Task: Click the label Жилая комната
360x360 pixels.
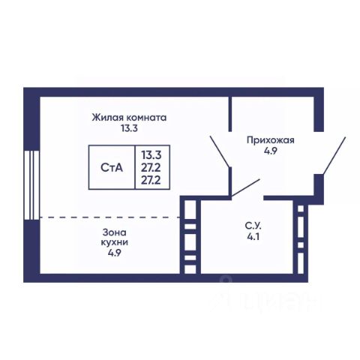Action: point(129,118)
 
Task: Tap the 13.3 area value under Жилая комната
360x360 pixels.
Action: point(129,128)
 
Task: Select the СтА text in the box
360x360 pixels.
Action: point(112,168)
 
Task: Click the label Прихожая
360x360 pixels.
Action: point(271,140)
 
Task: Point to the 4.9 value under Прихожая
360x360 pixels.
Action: point(271,151)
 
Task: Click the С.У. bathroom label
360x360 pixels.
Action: point(253,226)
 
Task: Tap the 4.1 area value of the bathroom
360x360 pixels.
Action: point(253,237)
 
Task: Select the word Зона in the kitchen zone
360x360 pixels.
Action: point(115,232)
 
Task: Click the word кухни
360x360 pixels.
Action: point(115,242)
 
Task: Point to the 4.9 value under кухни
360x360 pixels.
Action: point(115,253)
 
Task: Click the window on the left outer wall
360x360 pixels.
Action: point(32,185)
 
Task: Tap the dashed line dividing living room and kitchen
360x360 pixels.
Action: point(110,217)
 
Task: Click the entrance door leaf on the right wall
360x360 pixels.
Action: point(334,155)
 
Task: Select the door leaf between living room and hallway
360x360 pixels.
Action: point(220,151)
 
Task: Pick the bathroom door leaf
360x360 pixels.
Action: point(245,187)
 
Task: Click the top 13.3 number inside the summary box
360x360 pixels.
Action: point(151,155)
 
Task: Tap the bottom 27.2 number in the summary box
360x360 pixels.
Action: point(151,180)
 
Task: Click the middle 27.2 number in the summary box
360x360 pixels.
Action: point(151,168)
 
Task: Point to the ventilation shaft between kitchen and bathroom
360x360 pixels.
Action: point(190,235)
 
